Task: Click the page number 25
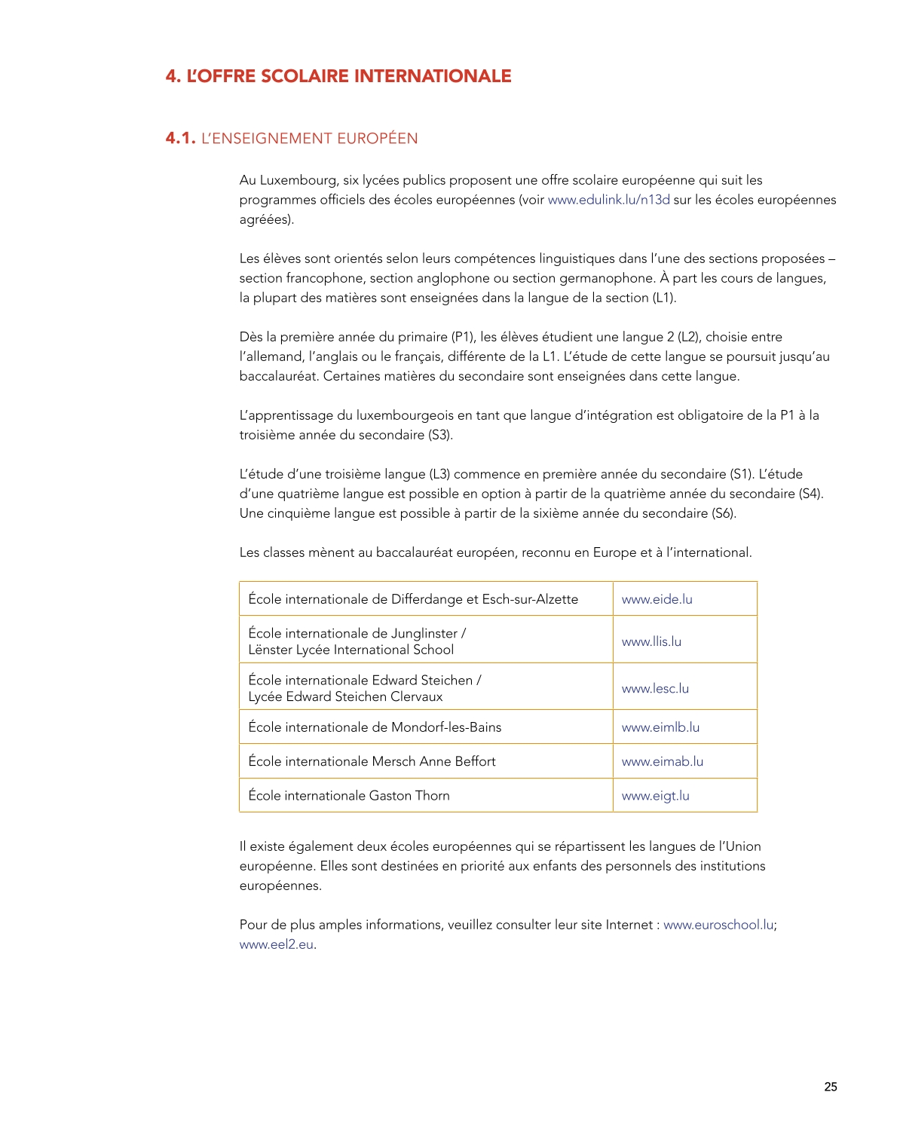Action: [x=830, y=1087]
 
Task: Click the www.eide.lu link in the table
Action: [x=657, y=599]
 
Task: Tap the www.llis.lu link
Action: [x=651, y=641]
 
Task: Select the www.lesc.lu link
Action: [x=655, y=688]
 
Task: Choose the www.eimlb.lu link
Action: [x=660, y=727]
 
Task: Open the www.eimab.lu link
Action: [x=662, y=761]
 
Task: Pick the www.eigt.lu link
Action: [x=655, y=796]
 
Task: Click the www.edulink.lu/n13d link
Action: [x=608, y=200]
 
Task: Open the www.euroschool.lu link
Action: [x=718, y=925]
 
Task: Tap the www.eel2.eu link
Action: [x=276, y=944]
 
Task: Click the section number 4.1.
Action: [x=180, y=138]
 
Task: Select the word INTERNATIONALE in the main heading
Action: [x=433, y=76]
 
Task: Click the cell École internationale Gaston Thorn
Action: [x=349, y=796]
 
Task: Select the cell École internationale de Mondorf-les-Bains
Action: [x=375, y=727]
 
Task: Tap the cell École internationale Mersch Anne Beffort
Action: [x=372, y=761]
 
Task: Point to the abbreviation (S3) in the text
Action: [x=440, y=435]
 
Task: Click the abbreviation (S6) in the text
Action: [x=724, y=513]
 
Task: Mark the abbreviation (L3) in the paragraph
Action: [x=439, y=474]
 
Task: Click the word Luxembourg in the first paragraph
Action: [x=299, y=180]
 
